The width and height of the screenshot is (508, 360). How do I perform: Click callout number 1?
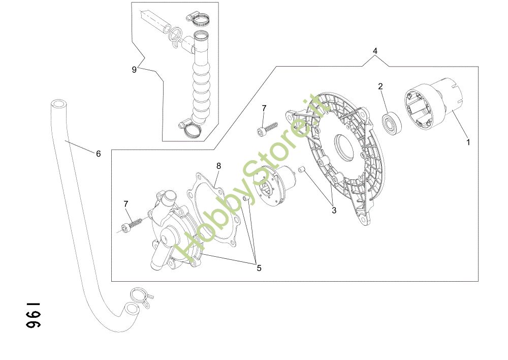(468, 142)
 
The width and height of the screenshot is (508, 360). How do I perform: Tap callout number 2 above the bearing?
(380, 86)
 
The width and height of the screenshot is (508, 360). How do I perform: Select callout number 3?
(334, 210)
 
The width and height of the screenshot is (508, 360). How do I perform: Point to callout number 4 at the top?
(375, 51)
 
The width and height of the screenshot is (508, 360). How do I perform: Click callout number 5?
(259, 268)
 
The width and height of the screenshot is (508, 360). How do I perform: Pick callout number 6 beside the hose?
(99, 154)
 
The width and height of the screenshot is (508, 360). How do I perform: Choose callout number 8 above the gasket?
(218, 166)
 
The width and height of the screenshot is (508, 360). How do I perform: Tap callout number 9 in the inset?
(134, 70)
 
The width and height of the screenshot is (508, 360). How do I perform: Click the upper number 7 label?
(264, 108)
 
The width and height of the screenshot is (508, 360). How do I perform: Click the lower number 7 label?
(126, 204)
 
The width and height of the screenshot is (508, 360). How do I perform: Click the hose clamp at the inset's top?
(200, 20)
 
